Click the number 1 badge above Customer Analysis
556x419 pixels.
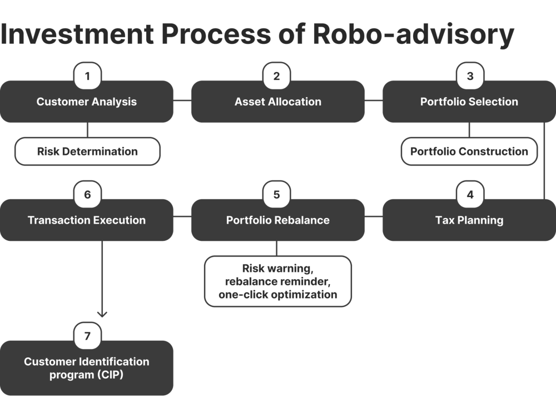[x=87, y=76]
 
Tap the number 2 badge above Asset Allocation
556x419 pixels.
[x=277, y=76]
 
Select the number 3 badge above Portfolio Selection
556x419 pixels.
[x=470, y=76]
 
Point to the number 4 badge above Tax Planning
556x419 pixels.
[x=470, y=195]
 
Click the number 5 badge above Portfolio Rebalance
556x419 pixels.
[x=277, y=195]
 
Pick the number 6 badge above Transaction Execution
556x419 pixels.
[x=87, y=195]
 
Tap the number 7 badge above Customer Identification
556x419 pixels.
[x=87, y=336]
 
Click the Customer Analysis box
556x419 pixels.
[x=87, y=102]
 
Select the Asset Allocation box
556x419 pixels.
[x=278, y=102]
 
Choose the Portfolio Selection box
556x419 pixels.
[x=469, y=102]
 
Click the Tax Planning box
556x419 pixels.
[x=469, y=220]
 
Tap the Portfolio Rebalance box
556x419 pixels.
[x=278, y=220]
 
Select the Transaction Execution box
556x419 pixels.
[x=87, y=220]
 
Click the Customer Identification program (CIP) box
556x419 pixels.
[x=87, y=368]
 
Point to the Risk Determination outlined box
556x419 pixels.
[x=87, y=152]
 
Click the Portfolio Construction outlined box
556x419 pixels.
[x=469, y=152]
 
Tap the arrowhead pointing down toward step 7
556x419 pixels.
[x=102, y=314]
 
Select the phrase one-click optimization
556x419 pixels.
[x=278, y=295]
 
